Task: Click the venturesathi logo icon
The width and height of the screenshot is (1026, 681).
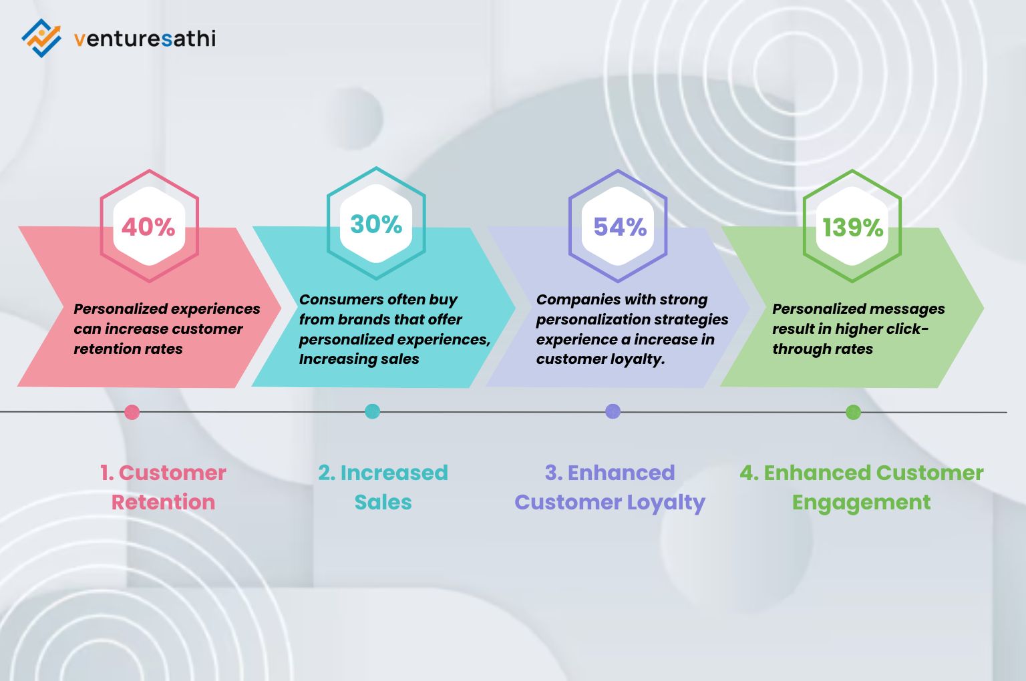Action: (41, 38)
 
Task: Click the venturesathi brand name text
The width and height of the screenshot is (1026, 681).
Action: (145, 39)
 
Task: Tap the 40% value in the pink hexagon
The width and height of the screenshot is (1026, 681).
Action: (148, 227)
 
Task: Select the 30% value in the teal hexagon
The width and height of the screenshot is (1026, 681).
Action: (376, 224)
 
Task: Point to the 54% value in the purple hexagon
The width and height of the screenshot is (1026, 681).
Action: (620, 227)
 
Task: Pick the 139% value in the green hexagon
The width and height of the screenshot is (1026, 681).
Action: (852, 228)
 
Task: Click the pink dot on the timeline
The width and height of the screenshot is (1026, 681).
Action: (132, 412)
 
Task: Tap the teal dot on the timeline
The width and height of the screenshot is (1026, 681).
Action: (373, 411)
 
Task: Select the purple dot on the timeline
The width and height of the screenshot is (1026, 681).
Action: (613, 411)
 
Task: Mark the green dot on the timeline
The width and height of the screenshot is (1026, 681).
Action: (853, 412)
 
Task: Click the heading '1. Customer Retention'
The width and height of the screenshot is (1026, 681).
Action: (163, 487)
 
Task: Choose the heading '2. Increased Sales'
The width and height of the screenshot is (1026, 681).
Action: (383, 487)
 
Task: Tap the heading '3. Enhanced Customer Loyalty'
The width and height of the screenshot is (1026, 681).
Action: (610, 487)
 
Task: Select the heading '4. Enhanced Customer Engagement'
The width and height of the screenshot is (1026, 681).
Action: (861, 487)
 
